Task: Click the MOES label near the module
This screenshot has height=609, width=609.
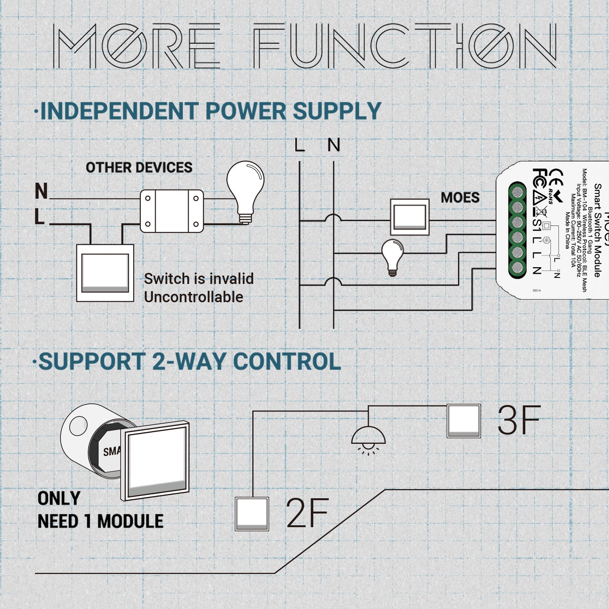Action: point(460,198)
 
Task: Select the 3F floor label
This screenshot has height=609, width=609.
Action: point(519,420)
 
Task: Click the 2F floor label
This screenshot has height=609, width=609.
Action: point(307,513)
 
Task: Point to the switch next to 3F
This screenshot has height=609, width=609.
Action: point(464,421)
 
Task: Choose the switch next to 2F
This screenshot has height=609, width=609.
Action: point(252,514)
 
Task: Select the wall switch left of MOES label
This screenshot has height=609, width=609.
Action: point(410,217)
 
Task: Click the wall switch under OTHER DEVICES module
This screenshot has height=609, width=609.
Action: point(105,273)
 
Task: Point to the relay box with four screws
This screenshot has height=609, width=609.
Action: point(172,211)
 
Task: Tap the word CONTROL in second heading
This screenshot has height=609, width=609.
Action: point(287,361)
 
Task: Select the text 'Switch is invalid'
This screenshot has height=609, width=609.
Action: point(199,279)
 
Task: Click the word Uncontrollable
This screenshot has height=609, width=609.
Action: point(193,297)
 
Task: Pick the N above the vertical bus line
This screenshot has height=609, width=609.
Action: point(334,145)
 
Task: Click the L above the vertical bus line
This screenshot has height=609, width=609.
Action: point(300,145)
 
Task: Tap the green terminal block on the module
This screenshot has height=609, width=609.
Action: point(517,230)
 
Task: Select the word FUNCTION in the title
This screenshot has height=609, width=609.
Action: point(405,46)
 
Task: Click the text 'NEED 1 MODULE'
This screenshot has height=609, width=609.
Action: point(100,521)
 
